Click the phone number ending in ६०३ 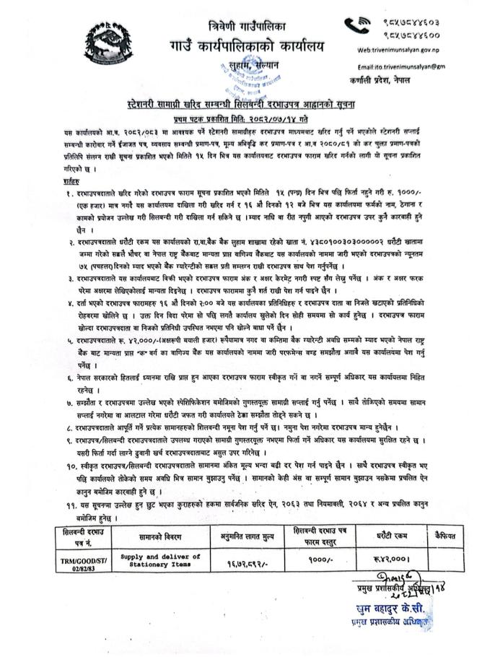tap(410, 21)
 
